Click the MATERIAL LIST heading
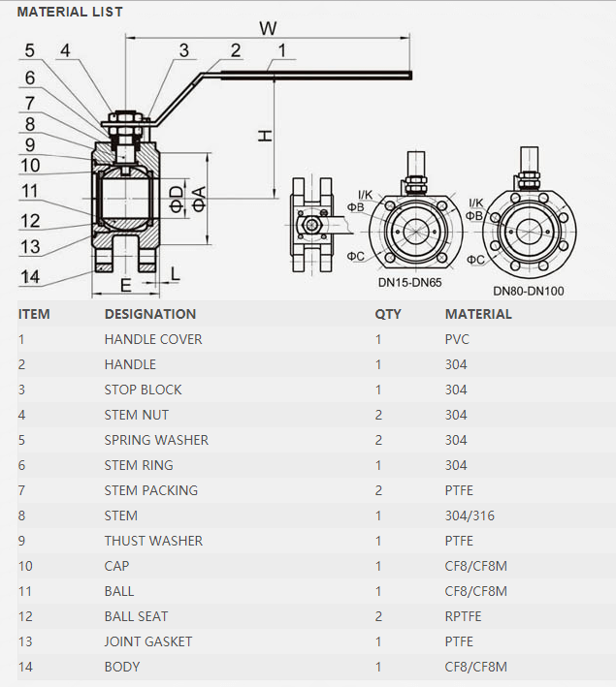[70, 13]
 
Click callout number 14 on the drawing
[30, 276]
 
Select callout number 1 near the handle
[281, 49]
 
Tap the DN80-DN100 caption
[529, 290]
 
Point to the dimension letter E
[125, 284]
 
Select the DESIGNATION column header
[150, 314]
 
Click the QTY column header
[388, 314]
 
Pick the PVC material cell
[459, 339]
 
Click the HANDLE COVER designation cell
[153, 339]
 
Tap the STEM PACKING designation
[150, 490]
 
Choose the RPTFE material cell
[464, 616]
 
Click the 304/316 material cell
[470, 515]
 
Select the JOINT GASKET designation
[148, 641]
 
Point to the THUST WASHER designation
[153, 541]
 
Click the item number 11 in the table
[24, 591]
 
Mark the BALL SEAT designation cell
[136, 616]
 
